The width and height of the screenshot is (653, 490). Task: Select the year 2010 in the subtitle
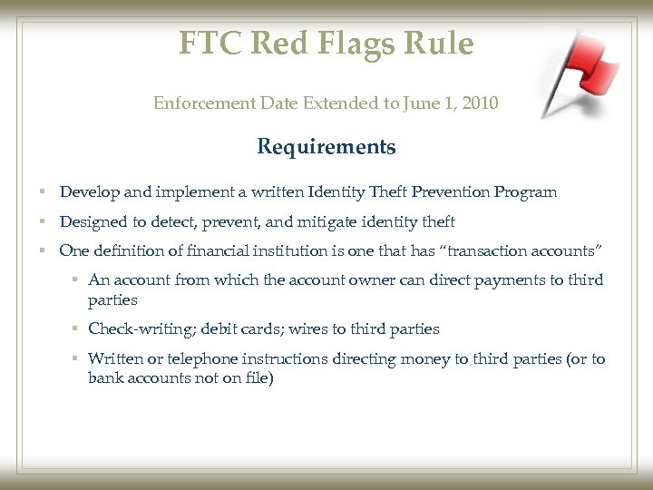point(479,103)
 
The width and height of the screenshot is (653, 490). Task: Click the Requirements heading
point(326,147)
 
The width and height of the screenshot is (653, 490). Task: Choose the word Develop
point(87,192)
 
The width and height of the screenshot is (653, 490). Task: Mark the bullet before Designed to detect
point(44,222)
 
